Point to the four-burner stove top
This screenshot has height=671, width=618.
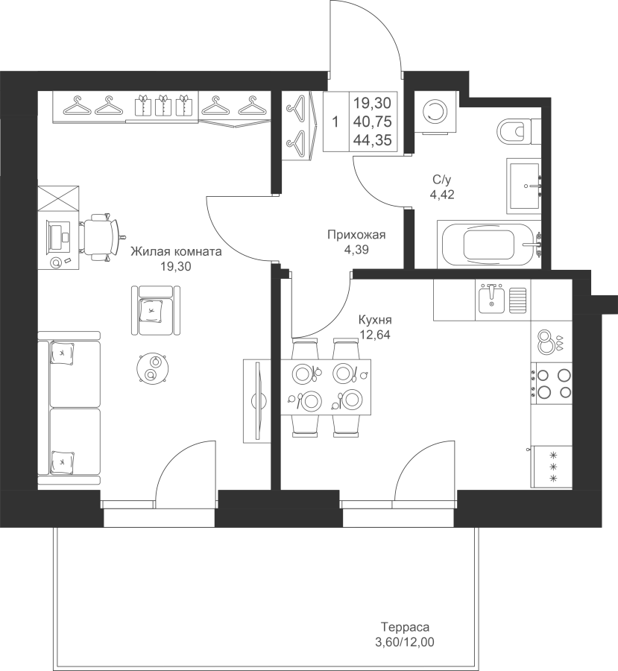pyautogui.click(x=552, y=383)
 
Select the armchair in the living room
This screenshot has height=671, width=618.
pyautogui.click(x=156, y=311)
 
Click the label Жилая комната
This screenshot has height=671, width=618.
pyautogui.click(x=177, y=251)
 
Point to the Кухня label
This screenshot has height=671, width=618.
pyautogui.click(x=375, y=320)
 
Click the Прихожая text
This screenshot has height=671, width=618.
pyautogui.click(x=356, y=235)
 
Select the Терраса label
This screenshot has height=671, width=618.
pyautogui.click(x=405, y=627)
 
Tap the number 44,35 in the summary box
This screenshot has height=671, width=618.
pyautogui.click(x=373, y=140)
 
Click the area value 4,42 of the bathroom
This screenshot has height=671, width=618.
pyautogui.click(x=442, y=195)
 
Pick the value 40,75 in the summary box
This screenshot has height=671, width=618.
pyautogui.click(x=373, y=122)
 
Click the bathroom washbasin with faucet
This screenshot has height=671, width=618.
pyautogui.click(x=524, y=186)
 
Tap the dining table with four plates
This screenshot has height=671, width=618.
pyautogui.click(x=326, y=387)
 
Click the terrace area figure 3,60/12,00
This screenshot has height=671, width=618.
pyautogui.click(x=405, y=642)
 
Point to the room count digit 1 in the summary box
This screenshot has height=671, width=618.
pyautogui.click(x=335, y=122)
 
